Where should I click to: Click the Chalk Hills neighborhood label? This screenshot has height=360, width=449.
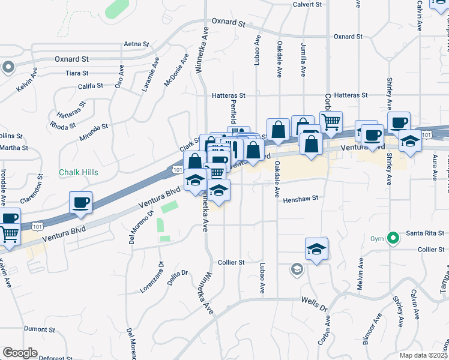78,172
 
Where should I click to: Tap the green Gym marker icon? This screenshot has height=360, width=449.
393,239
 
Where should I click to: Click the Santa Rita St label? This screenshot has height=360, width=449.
424,233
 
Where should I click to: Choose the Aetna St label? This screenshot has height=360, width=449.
136,44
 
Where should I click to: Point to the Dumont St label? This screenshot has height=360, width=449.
40,329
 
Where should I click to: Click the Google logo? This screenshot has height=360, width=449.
20,353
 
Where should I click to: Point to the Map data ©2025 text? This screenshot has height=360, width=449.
424,355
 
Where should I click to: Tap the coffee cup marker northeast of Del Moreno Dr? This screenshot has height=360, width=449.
80,202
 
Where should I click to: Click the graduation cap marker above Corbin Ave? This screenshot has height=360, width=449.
316,249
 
